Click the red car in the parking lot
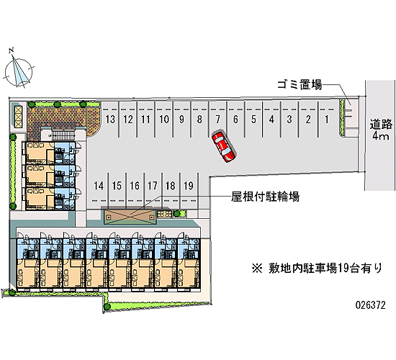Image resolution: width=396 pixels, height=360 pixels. point(224,147)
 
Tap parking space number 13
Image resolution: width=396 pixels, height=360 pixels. point(110,120)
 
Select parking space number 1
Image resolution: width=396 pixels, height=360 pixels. point(327,119)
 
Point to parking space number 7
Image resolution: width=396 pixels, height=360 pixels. point(217,120)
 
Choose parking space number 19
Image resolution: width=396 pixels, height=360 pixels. point(189,186)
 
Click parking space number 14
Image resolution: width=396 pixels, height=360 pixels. point(99,186)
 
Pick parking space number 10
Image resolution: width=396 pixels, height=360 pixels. point(164,120)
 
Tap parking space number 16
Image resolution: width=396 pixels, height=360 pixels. point(135,186)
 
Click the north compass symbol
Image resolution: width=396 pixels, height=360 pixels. point(19,71)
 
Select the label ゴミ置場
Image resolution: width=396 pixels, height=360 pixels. point(300,84)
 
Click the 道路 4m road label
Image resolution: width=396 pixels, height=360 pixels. point(381,130)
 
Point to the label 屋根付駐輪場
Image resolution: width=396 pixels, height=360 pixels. point(265,197)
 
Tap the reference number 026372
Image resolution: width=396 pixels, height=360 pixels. point(371,305)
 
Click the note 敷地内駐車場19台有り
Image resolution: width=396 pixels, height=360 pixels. point(318,268)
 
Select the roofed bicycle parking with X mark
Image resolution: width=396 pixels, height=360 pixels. point(130,217)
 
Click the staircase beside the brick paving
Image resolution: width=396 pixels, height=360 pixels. point(63,135)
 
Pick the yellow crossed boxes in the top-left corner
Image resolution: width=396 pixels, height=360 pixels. point(18,117)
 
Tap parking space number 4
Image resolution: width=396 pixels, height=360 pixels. point(271,120)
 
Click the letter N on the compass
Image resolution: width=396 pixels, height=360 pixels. point(11,50)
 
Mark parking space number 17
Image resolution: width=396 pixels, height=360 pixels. point(153,186)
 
